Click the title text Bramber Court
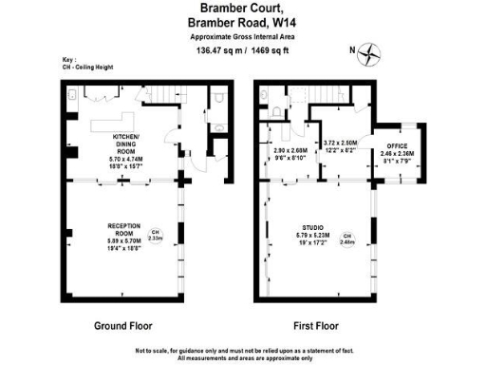[x=242, y=10]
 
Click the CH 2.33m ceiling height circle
[x=156, y=235]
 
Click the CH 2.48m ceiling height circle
[x=347, y=239]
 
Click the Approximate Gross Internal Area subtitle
[x=242, y=36]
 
